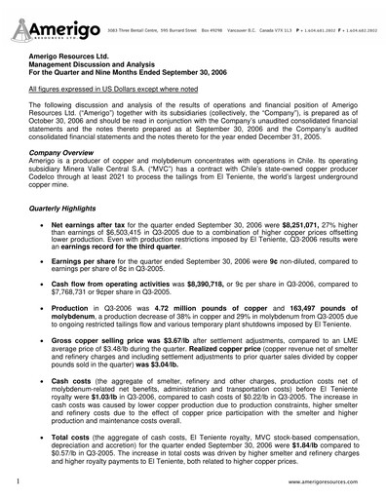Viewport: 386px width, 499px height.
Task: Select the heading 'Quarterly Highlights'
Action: (67, 209)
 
